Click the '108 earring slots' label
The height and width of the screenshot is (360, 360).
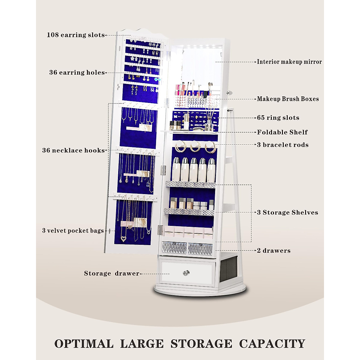point(76,35)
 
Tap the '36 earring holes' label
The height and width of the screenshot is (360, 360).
point(77,72)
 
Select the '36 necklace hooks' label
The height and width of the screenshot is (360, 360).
point(73,150)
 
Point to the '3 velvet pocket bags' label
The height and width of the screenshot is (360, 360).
point(73,230)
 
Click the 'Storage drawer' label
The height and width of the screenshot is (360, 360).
point(112,273)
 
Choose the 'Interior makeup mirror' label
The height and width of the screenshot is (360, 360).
point(289,62)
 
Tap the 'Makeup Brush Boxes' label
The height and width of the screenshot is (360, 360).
point(288,99)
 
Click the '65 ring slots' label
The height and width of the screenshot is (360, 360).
point(278,118)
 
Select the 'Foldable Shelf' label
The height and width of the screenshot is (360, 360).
point(282,132)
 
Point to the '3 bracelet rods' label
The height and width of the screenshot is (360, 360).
point(283,145)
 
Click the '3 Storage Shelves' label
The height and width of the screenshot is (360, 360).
point(287,212)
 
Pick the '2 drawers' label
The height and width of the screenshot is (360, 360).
point(274,250)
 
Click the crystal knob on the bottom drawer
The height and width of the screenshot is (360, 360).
point(186,273)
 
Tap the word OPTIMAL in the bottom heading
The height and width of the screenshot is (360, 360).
point(84,343)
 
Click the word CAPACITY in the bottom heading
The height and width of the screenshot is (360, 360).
point(272,343)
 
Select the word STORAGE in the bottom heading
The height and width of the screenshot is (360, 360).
point(201,343)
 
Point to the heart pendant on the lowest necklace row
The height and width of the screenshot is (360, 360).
point(123,239)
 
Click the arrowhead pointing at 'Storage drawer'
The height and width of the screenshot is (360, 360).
point(141,274)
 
